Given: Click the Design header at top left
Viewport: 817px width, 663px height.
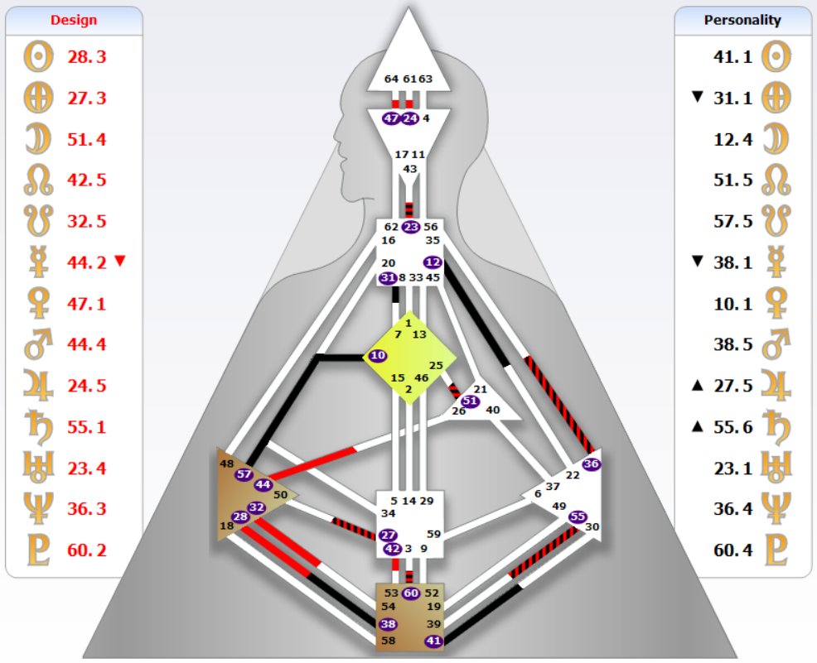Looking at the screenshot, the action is click(x=74, y=21).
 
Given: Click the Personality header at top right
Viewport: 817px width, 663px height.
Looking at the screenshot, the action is click(x=742, y=21).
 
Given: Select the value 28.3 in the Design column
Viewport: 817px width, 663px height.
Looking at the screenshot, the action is click(x=86, y=57).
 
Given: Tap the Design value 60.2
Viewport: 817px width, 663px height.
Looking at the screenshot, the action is click(x=86, y=550).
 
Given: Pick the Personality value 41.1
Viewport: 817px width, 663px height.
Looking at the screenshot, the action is click(x=732, y=57).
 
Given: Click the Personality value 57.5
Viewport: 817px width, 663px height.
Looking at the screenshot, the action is click(x=732, y=221).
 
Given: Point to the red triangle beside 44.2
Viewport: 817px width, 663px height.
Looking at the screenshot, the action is click(x=120, y=260).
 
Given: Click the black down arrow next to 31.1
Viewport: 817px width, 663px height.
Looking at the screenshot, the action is click(x=698, y=96).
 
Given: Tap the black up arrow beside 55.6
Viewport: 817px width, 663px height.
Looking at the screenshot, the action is click(x=698, y=427).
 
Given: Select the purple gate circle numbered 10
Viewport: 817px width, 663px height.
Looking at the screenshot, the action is click(x=377, y=355).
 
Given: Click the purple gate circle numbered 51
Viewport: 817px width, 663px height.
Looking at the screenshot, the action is click(x=470, y=401).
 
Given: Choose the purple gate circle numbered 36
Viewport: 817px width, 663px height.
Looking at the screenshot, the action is click(x=591, y=464).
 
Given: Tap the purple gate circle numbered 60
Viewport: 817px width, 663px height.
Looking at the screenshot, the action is click(x=411, y=593).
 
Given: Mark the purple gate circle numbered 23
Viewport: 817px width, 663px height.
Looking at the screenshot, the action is click(x=411, y=227).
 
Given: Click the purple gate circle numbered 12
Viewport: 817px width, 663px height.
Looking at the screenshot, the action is click(x=433, y=262).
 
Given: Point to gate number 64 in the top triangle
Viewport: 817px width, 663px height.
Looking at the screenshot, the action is click(x=391, y=79).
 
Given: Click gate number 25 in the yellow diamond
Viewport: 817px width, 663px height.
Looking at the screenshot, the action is click(x=436, y=365).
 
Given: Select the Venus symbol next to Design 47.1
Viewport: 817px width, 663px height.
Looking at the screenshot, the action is click(x=39, y=304).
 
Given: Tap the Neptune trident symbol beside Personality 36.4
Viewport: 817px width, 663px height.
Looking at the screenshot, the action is click(x=776, y=508).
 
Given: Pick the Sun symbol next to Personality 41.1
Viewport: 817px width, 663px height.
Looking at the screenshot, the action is click(x=776, y=57).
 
